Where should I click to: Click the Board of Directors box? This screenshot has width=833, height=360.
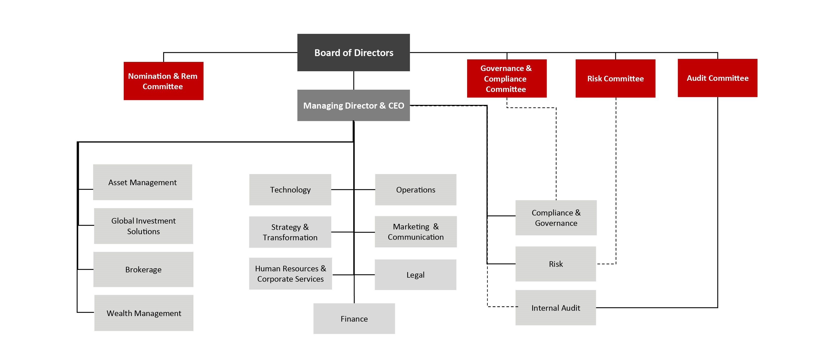354,52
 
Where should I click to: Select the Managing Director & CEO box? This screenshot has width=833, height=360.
354,105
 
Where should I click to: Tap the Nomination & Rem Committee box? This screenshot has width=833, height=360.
163,81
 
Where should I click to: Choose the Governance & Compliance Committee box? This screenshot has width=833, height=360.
507,79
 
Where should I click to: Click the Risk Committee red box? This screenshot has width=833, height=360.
615,79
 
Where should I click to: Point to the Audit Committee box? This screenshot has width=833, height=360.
717,78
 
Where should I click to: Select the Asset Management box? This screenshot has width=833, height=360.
142,182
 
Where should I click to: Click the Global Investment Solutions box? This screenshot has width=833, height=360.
143,226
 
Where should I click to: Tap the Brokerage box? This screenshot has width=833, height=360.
143,270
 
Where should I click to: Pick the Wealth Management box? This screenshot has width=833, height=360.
144,313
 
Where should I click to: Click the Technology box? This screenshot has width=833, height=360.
290,189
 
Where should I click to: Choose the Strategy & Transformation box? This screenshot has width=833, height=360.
290,232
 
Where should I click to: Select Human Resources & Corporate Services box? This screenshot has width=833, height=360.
290,274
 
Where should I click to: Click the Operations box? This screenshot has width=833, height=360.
416,189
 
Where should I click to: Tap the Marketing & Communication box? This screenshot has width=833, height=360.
416,232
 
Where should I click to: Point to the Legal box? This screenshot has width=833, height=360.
416,275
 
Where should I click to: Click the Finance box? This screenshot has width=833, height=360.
354,319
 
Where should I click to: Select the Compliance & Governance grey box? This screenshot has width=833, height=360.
556,218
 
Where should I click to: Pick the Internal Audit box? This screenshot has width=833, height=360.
556,308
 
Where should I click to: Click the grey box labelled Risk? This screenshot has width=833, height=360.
556,264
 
